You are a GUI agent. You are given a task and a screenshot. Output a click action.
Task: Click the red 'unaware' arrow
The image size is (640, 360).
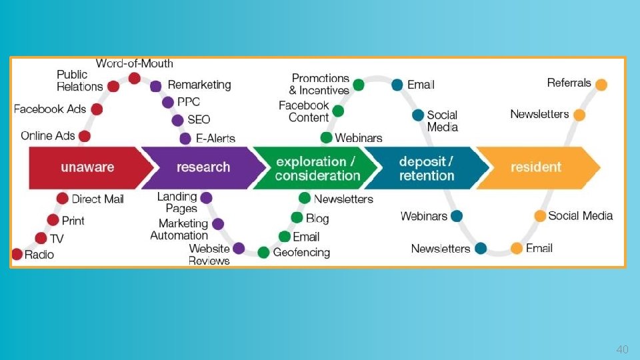tap(87, 167)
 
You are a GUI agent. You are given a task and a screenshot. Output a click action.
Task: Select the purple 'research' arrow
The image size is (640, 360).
tap(203, 167)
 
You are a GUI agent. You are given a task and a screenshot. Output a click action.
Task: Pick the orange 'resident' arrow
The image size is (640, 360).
tap(536, 167)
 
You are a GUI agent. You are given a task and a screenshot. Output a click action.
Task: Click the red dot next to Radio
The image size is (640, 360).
tap(17, 254)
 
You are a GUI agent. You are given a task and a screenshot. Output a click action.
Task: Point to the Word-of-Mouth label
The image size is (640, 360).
tap(134, 64)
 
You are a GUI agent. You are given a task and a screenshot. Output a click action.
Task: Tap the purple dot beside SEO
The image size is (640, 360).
tap(177, 120)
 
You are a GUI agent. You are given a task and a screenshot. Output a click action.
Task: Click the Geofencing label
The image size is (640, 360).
tap(301, 253)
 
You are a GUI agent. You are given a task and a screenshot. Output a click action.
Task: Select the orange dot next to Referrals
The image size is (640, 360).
tap(601, 85)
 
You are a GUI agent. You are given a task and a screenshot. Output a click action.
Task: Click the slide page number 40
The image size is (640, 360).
tap(622, 349)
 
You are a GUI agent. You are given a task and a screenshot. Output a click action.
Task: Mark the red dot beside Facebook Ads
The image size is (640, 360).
tap(97, 109)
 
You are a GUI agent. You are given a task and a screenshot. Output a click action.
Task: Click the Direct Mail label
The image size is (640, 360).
tap(97, 199)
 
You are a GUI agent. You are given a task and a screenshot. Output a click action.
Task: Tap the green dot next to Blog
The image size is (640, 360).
tap(297, 217)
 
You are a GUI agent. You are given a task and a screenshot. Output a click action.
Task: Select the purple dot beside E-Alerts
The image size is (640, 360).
tap(185, 139)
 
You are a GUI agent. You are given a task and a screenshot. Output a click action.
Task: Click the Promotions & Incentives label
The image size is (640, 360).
tap(320, 85)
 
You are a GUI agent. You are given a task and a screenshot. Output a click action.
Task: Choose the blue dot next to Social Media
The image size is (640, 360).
tap(418, 115)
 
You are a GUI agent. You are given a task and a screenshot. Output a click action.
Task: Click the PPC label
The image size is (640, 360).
tap(189, 102)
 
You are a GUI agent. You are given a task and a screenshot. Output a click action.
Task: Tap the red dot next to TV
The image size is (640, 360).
tap(41, 238)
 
